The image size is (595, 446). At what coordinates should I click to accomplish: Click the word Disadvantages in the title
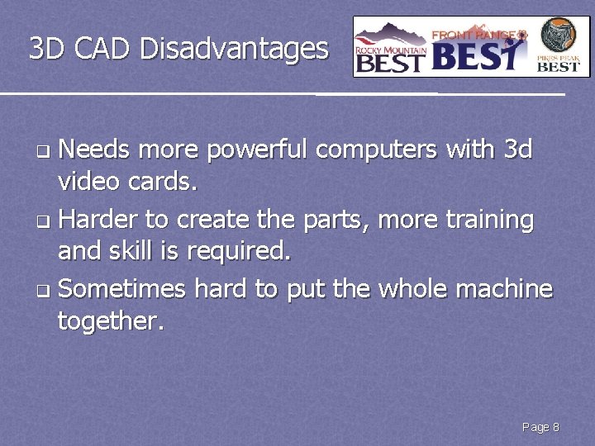click(234, 50)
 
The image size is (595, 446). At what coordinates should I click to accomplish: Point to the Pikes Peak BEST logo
click(559, 46)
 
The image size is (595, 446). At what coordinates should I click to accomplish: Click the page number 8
click(556, 427)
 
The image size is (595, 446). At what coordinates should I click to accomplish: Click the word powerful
click(257, 151)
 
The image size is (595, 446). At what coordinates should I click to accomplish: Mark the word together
click(111, 320)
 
